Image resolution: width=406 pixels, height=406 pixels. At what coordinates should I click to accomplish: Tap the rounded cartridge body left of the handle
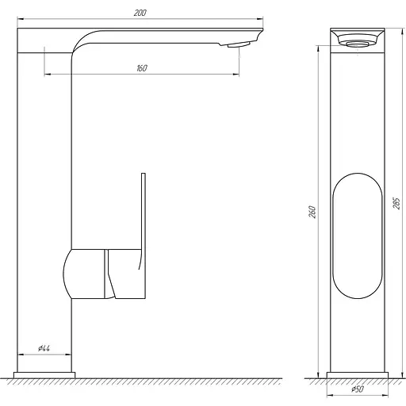(83, 273)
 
